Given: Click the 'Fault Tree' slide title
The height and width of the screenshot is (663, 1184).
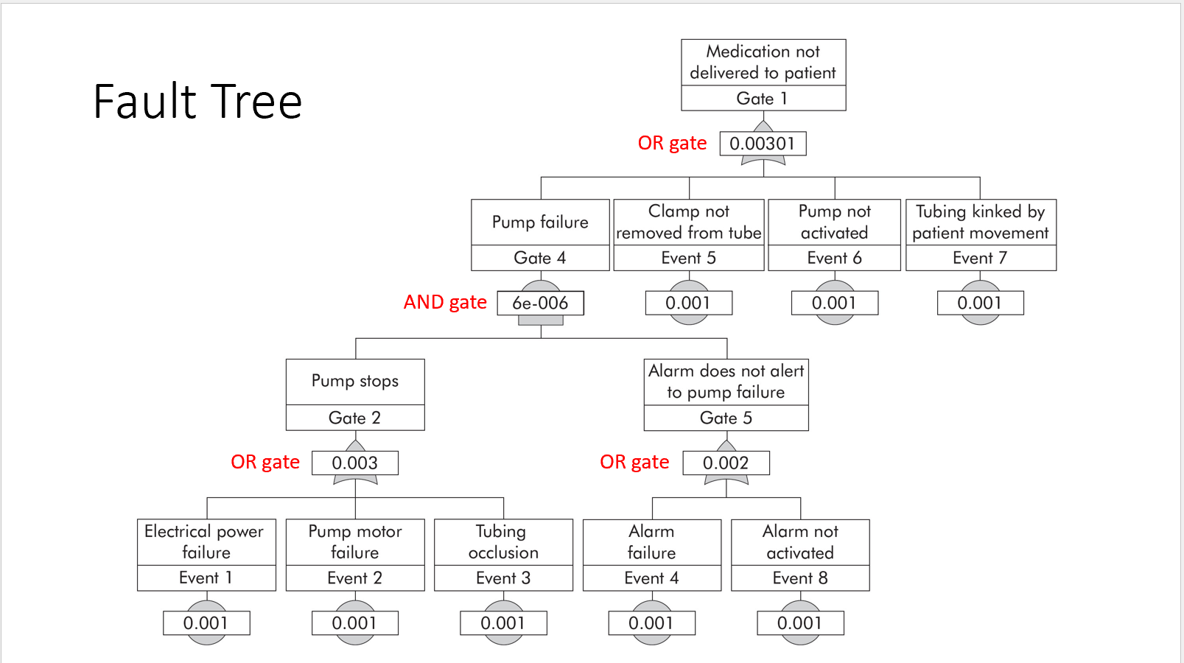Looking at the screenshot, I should [x=197, y=102].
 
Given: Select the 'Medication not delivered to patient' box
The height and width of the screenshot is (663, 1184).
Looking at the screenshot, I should [x=763, y=63].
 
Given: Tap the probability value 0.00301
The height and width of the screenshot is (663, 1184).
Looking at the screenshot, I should [x=763, y=144].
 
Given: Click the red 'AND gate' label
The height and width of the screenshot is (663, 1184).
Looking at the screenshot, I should [x=445, y=302].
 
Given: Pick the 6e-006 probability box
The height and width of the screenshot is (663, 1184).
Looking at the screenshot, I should [x=540, y=304].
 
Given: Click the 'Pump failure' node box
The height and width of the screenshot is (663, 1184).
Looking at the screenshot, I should [x=540, y=222].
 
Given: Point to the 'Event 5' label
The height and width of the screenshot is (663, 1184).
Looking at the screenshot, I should [x=688, y=258].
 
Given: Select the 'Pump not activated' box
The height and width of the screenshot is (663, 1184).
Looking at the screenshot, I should [x=834, y=222].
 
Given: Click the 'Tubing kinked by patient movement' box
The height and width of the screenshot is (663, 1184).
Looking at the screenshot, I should [x=980, y=222].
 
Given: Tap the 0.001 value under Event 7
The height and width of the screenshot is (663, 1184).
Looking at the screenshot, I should [x=980, y=304].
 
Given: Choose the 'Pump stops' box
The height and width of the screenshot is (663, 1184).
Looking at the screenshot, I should [x=355, y=382].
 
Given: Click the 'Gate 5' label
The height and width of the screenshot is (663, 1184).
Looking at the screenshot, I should [x=726, y=418].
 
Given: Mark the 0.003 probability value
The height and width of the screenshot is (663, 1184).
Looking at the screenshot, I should [x=355, y=463].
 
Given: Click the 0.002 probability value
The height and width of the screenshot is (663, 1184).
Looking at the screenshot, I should [x=726, y=463].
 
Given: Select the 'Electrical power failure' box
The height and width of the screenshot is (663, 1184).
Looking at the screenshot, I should [x=206, y=542].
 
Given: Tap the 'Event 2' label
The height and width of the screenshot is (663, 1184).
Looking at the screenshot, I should [x=355, y=578].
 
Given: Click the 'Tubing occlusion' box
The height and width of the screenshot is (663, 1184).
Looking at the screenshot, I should [x=503, y=542].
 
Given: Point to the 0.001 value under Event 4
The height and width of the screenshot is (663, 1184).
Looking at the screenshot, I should [x=651, y=623].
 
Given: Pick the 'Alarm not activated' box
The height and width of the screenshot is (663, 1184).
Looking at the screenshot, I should [x=800, y=542].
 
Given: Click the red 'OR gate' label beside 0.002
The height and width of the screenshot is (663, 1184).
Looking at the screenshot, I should [x=634, y=462].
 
